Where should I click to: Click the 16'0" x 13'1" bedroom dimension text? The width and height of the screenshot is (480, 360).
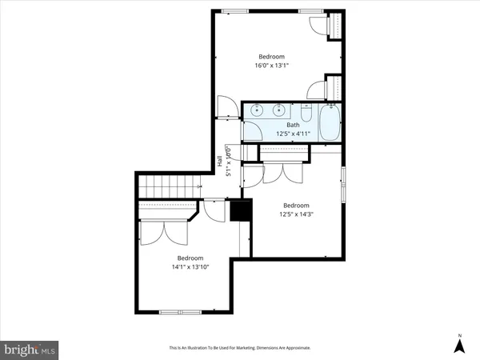click(x=270, y=66)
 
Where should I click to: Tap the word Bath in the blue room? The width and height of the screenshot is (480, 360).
click(x=293, y=125)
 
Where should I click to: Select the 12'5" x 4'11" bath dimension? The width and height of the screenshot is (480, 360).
click(x=293, y=134)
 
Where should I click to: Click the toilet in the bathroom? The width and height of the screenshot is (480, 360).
click(x=308, y=110)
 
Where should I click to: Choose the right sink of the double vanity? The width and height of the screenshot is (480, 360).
click(x=280, y=110)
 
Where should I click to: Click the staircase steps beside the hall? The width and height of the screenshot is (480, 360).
click(x=169, y=188)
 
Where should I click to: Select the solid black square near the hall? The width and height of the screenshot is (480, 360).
click(x=241, y=210)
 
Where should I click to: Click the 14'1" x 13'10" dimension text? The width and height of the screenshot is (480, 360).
click(x=190, y=268)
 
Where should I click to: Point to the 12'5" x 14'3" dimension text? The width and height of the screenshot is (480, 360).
click(x=296, y=214)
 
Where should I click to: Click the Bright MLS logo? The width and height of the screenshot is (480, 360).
click(x=30, y=350)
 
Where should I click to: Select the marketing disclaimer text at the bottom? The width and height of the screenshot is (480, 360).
click(x=239, y=348)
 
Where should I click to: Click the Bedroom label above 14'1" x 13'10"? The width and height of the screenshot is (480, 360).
click(x=190, y=258)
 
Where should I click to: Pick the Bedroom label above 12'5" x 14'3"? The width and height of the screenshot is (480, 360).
click(x=296, y=205)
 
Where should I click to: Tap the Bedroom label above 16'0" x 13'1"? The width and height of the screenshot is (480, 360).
click(x=270, y=56)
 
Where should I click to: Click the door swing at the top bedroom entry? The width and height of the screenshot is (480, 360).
click(x=225, y=106)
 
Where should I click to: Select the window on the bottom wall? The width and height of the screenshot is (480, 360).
click(x=181, y=311)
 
